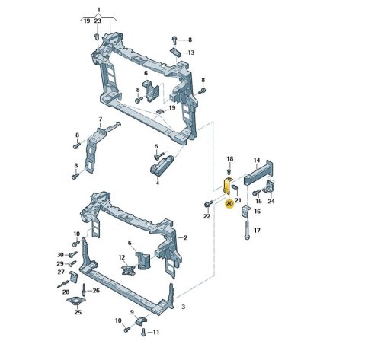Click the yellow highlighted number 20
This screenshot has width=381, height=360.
point(229,204)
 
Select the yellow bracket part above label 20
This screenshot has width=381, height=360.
point(227,186)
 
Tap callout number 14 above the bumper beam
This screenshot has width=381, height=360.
point(257,161)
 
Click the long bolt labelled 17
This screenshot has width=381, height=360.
point(247,230)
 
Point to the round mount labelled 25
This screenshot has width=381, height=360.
point(76,300)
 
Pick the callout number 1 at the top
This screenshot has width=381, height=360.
point(99,10)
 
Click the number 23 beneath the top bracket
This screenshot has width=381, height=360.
point(98,21)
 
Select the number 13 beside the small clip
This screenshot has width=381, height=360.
point(191,53)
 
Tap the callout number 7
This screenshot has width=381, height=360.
point(101,119)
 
